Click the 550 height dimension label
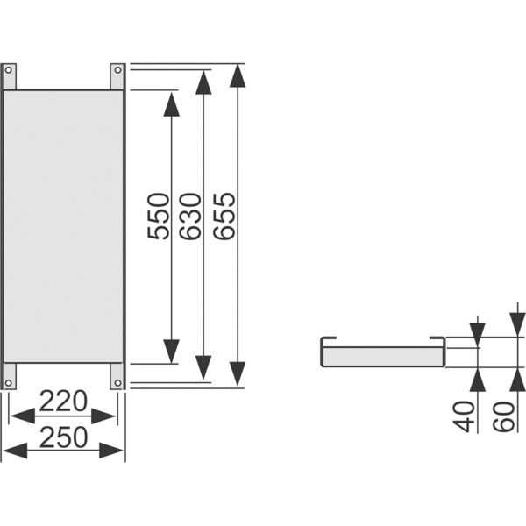pyautogui.click(x=158, y=217)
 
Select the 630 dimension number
pyautogui.click(x=190, y=217)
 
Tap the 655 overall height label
pyautogui.click(x=224, y=217)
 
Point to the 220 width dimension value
pyautogui.click(x=63, y=402)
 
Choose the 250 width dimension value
pyautogui.click(x=63, y=437)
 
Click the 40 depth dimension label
pyautogui.click(x=464, y=416)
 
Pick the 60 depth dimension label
pyautogui.click(x=503, y=416)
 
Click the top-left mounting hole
pyautogui.click(x=9, y=70)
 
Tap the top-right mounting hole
pyautogui.click(x=117, y=70)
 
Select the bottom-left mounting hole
pyautogui.click(x=9, y=383)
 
